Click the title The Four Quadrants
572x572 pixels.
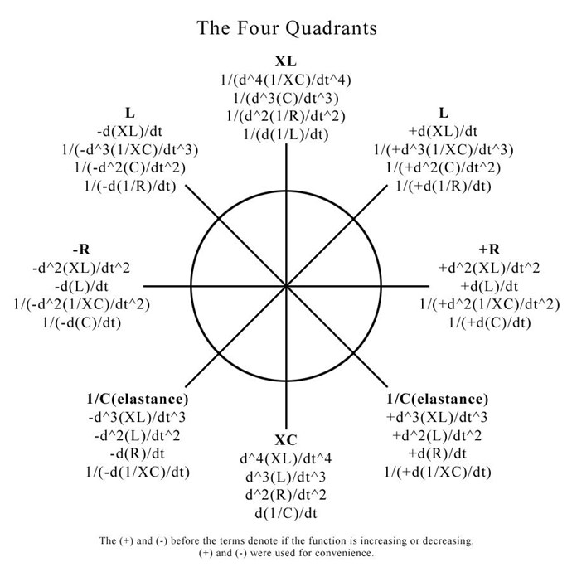tap(287, 28)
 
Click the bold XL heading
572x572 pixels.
tap(286, 61)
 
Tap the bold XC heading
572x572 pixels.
tap(286, 440)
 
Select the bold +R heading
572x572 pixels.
tap(489, 250)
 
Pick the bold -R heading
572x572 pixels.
tap(81, 250)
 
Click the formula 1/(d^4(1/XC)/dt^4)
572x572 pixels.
tap(286, 80)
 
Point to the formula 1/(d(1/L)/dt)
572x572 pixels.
tap(286, 134)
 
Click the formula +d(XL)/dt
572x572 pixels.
tap(444, 131)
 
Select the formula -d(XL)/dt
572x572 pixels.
tap(129, 131)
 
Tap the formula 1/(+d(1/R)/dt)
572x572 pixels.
tap(444, 186)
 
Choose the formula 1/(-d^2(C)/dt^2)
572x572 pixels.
tap(130, 167)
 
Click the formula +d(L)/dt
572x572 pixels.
tap(489, 286)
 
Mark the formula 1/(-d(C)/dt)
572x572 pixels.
tap(82, 322)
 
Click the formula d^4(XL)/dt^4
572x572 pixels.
tap(286, 458)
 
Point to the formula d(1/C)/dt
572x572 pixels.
tap(286, 513)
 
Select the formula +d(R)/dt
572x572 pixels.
tap(437, 453)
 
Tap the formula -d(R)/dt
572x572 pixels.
tap(137, 453)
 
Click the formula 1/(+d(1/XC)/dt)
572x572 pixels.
tap(438, 472)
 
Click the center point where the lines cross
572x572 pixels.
tap(286, 286)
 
